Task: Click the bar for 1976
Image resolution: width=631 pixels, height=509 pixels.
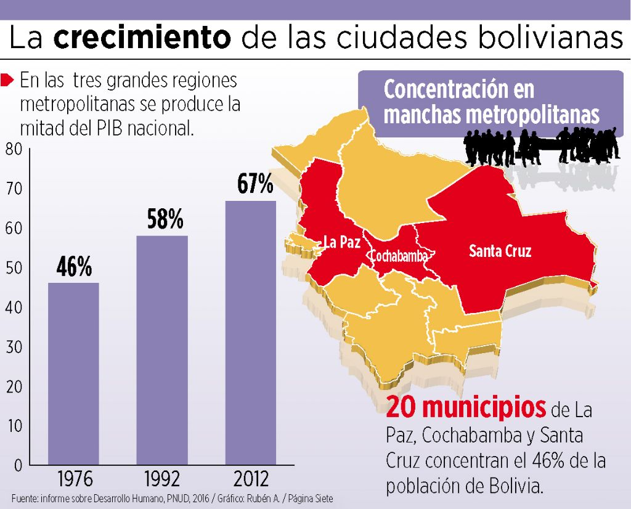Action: (x=73, y=373)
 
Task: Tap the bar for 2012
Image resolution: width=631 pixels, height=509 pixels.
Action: (x=250, y=332)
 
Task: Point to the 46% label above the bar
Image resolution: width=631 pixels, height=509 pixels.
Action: (x=74, y=267)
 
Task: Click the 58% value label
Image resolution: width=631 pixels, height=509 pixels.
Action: (x=165, y=219)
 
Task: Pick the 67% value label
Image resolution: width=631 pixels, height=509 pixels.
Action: (x=254, y=184)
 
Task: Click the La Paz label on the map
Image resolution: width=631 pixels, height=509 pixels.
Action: (x=342, y=242)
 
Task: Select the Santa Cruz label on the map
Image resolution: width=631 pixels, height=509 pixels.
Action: (x=500, y=251)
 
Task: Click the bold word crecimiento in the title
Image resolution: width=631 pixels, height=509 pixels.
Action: (x=142, y=38)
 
